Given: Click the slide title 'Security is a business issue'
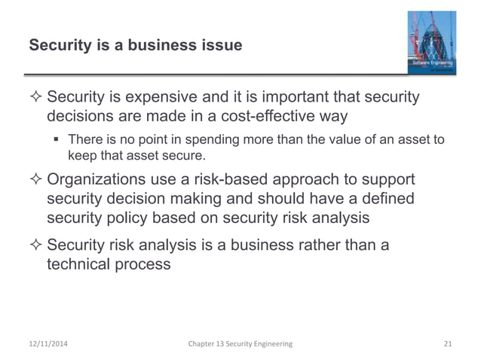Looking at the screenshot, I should [135, 46].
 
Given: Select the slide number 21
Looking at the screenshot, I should [449, 343].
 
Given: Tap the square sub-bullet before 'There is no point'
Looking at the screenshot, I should [58, 140].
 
